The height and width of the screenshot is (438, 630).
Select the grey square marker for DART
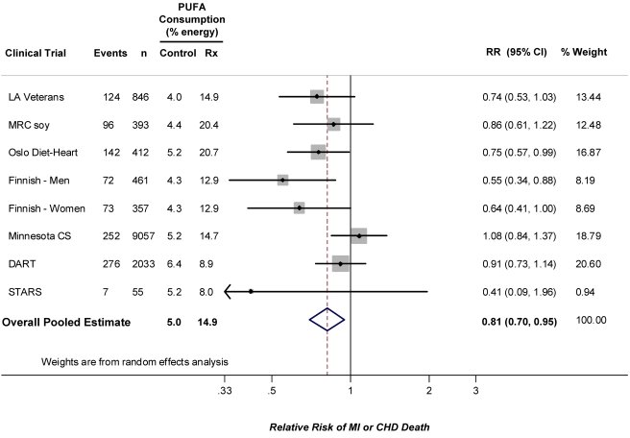(340, 262)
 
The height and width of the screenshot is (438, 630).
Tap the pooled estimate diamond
(327, 322)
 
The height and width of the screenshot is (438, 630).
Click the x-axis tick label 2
(429, 391)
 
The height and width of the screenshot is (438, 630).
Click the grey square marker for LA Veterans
(317, 97)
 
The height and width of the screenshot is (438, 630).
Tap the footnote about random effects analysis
(133, 361)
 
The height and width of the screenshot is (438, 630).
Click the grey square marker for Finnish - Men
(282, 180)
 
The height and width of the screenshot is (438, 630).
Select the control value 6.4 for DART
(174, 262)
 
